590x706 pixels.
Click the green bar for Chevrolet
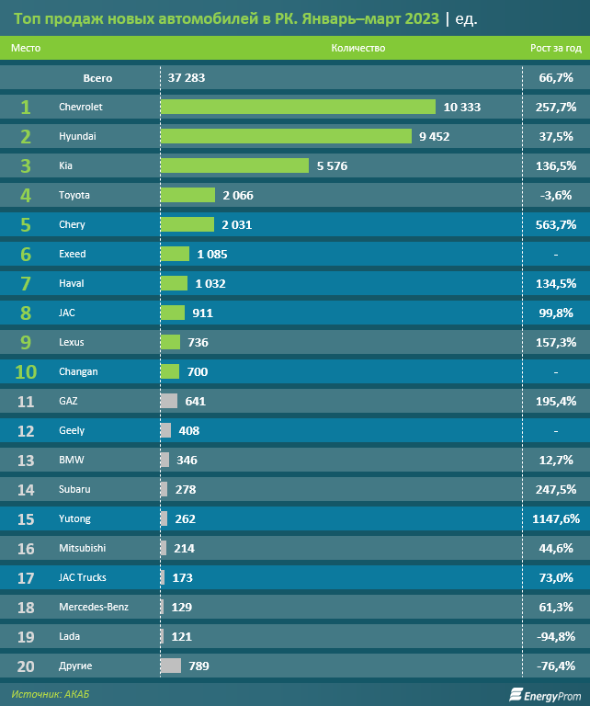298,107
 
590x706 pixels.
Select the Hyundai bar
286,136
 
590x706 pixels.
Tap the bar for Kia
234,165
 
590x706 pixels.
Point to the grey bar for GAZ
169,401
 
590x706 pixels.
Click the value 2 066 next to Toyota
237,195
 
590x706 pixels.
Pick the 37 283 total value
187,77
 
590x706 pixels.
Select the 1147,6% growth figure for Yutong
555,518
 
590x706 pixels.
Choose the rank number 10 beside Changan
25,371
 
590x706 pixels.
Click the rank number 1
25,107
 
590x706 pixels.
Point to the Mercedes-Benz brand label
93,607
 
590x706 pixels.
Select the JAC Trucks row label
83,577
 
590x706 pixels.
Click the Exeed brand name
72,254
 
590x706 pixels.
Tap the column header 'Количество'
357,48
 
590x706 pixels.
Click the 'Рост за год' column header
556,48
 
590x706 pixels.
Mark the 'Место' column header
27,48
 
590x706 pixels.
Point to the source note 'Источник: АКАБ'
51,694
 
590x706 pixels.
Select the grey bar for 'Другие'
171,666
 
